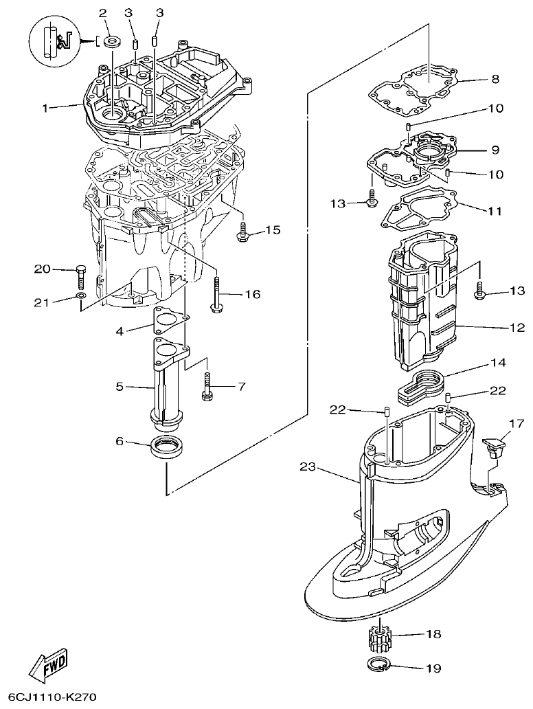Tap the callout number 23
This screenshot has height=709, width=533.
click(x=308, y=467)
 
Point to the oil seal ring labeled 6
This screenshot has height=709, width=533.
click(x=168, y=447)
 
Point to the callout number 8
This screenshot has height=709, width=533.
click(x=495, y=79)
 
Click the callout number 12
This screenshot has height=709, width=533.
click(x=517, y=328)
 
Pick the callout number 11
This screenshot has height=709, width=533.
click(x=495, y=211)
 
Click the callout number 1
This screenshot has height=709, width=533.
click(x=45, y=108)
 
